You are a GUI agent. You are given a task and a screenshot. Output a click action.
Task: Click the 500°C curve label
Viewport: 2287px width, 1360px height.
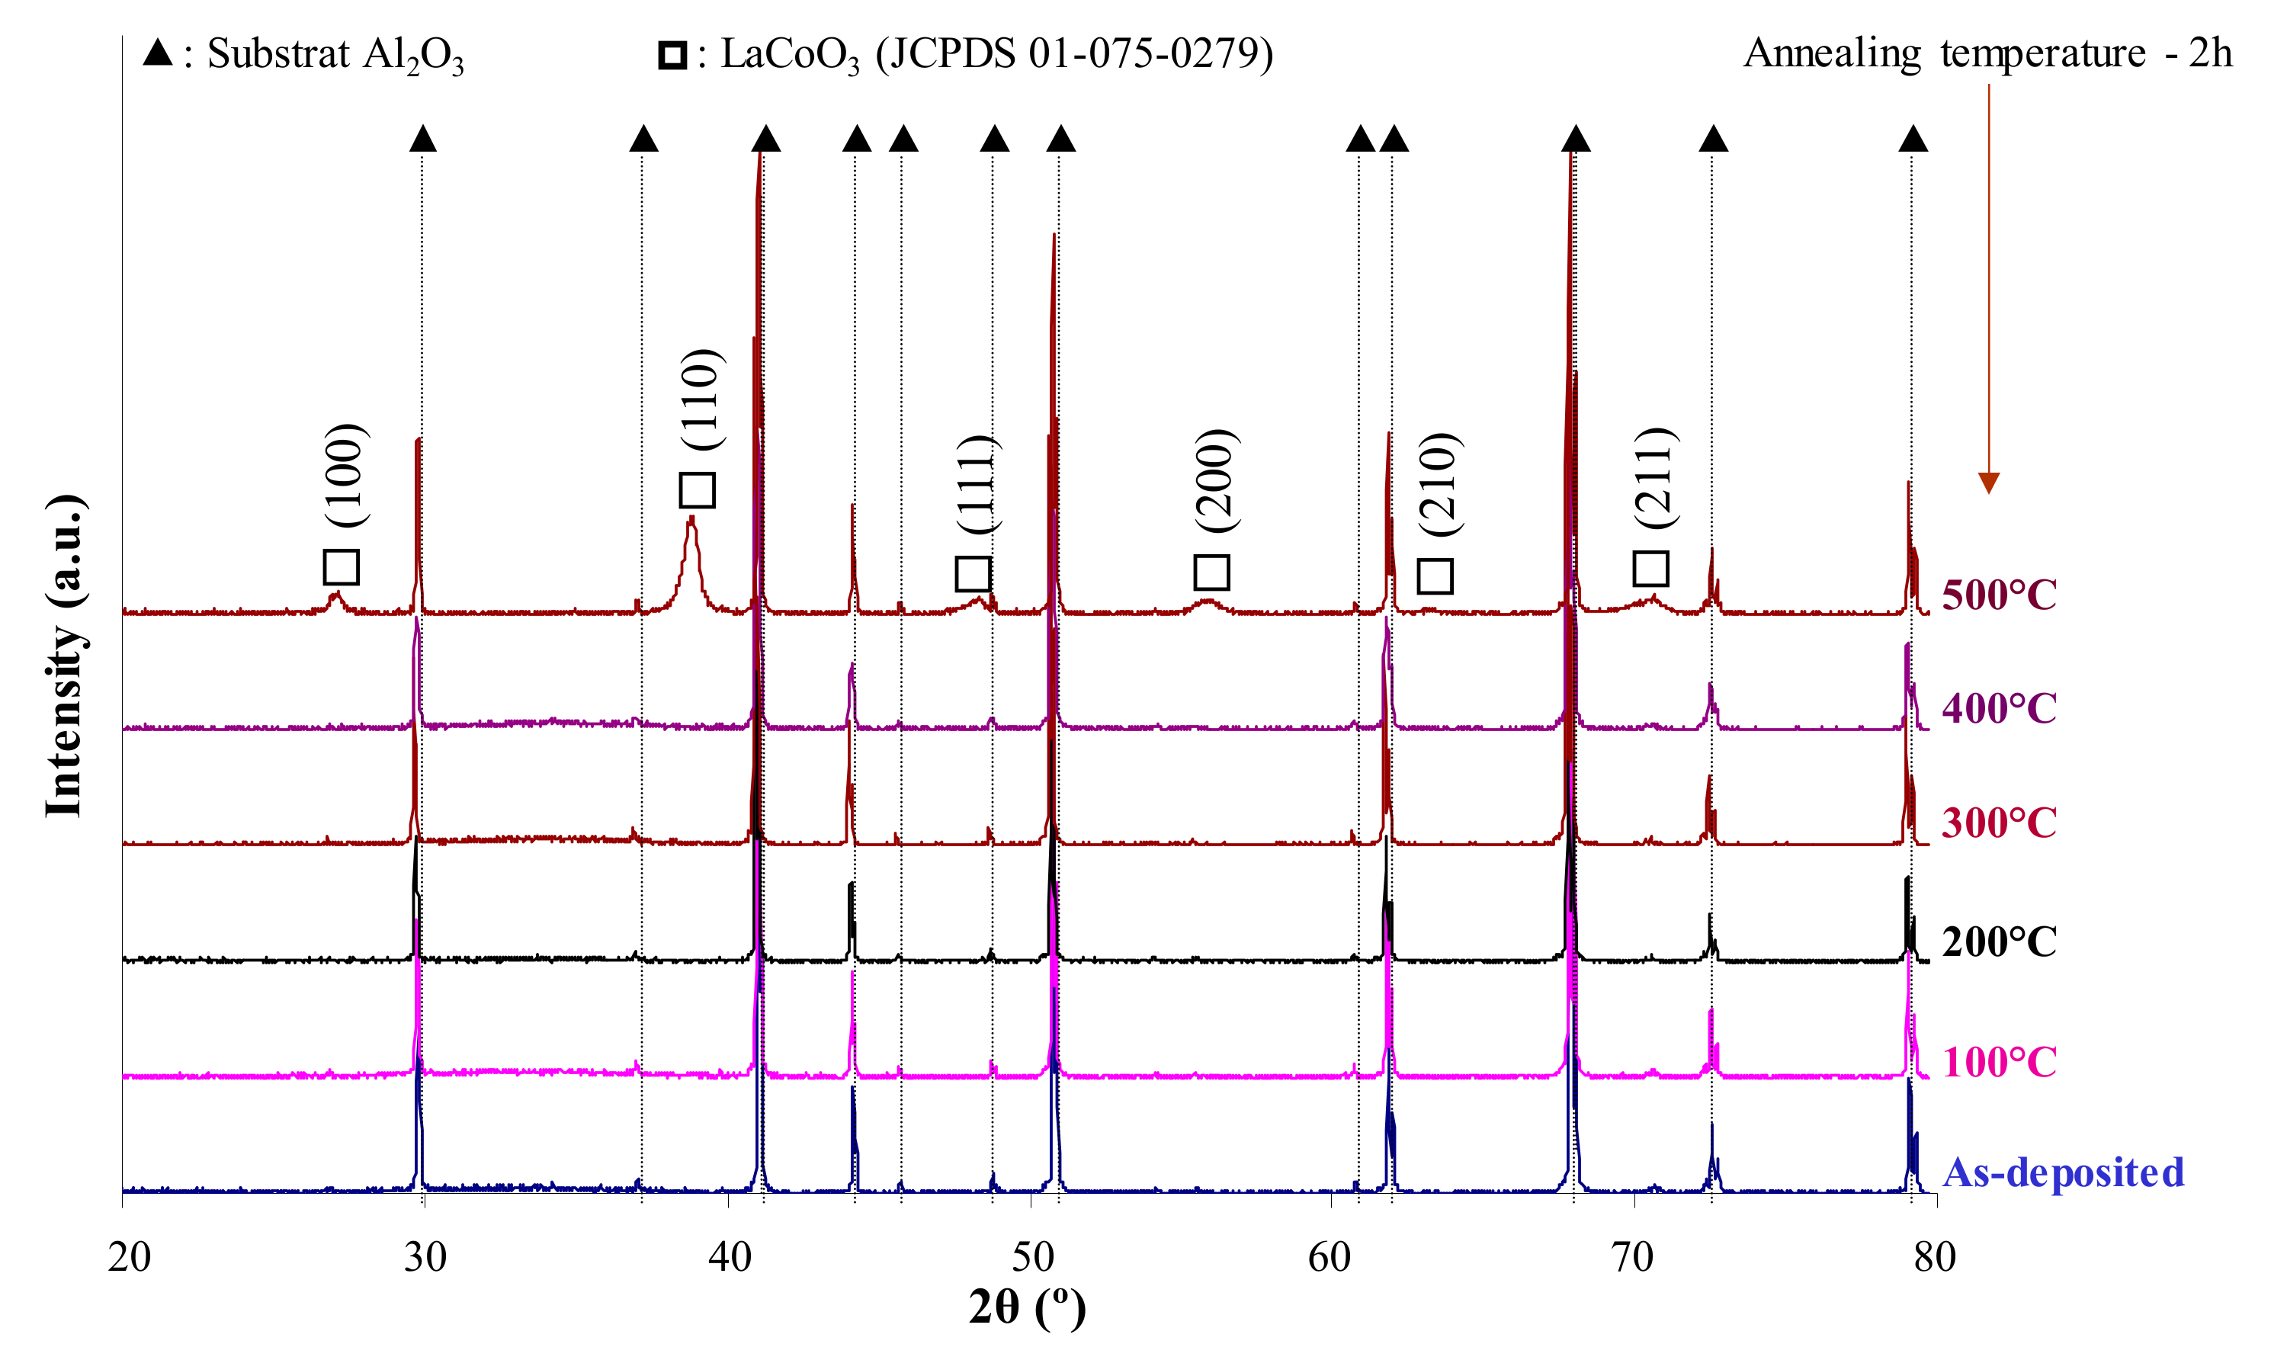1998,595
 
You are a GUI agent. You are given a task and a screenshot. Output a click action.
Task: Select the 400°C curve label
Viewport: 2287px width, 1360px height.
1998,708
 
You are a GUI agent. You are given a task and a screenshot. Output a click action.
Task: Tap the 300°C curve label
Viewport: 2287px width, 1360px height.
1998,823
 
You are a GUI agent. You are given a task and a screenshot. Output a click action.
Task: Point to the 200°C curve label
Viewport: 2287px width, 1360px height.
1998,942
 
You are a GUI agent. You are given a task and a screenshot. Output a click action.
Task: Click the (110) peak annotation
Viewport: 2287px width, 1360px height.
704,399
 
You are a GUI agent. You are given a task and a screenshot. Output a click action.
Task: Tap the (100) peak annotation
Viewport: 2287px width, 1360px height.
348,475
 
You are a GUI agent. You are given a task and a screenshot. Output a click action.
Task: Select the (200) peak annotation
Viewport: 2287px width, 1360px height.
1217,480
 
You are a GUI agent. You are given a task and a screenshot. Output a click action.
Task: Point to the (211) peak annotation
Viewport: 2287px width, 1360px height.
1657,477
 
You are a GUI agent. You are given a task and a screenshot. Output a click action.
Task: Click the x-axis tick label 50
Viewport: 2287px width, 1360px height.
1033,1257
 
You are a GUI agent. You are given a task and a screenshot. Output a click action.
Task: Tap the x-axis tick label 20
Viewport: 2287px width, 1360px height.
129,1257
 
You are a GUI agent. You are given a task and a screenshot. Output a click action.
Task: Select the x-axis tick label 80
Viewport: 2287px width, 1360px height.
1934,1257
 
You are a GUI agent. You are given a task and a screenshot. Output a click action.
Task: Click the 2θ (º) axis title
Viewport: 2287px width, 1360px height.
1027,1309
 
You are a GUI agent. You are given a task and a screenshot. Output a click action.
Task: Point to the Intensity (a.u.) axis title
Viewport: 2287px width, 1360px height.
65,656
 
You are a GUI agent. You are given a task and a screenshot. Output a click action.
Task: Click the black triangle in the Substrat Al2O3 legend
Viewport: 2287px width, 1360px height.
158,53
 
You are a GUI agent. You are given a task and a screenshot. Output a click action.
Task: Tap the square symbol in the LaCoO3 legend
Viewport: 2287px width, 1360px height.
672,55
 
